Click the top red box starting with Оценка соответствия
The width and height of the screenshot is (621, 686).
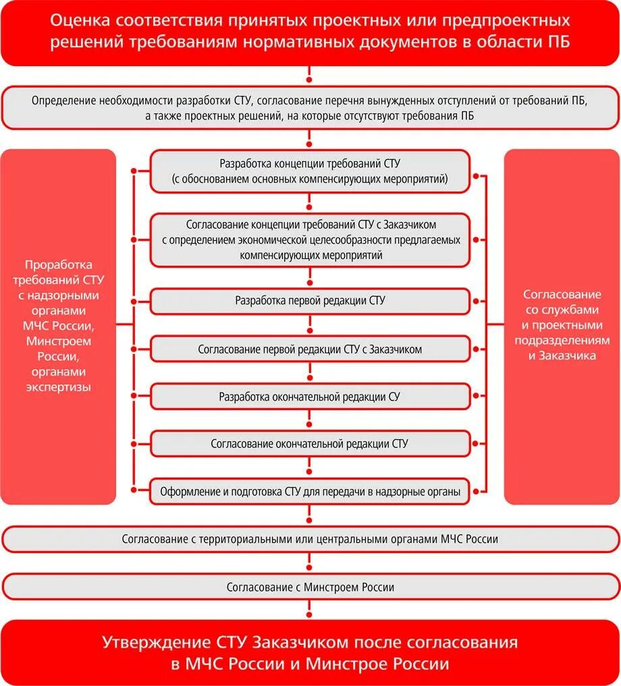310,32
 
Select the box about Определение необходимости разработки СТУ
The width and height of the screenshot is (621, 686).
310,108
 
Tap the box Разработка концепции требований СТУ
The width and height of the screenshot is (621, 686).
310,171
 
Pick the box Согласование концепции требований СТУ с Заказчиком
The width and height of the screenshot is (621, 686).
310,239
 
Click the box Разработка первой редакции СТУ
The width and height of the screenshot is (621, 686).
310,301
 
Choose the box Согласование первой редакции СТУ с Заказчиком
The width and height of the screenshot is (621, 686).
310,349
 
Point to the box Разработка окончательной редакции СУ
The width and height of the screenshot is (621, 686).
310,397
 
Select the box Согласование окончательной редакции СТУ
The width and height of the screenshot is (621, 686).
310,444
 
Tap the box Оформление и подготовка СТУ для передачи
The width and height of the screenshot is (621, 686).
310,492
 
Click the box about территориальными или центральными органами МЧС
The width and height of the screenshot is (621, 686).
310,539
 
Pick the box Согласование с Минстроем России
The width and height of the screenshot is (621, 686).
310,587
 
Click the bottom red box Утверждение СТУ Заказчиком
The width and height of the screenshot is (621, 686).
310,652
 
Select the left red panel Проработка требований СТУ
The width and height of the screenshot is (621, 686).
58,326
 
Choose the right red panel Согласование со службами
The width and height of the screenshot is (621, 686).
562,326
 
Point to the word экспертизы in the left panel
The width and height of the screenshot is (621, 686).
58,387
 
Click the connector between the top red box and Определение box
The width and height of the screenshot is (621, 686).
310,76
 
